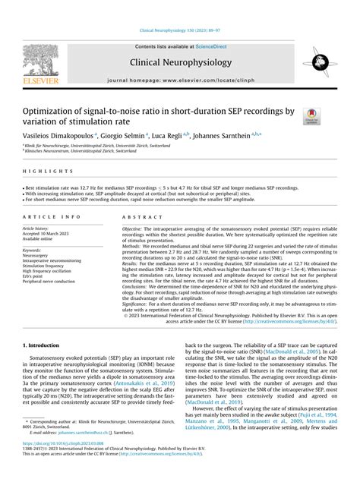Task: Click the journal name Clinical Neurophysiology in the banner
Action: (179, 64)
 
